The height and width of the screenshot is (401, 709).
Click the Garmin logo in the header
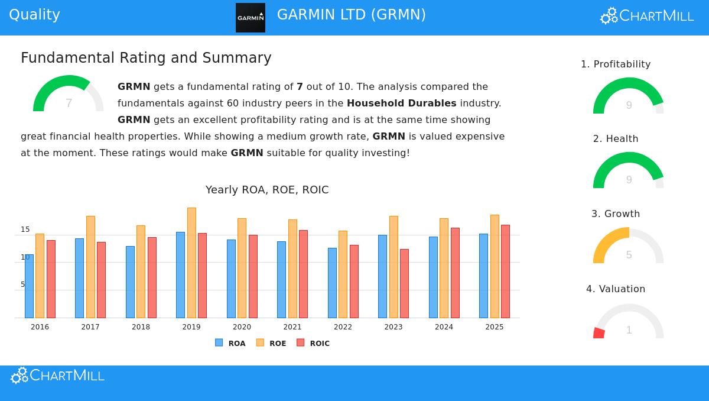pos(251,18)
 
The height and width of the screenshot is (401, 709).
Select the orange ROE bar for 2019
pos(191,263)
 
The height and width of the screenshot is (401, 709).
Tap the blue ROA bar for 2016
pos(29,286)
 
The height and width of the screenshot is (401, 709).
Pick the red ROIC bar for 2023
pos(404,283)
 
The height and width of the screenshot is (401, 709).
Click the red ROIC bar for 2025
pos(505,271)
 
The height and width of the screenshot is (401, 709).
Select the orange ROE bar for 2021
pos(292,269)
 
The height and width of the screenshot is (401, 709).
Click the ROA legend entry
pos(230,343)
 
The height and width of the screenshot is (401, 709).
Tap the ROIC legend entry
pos(313,343)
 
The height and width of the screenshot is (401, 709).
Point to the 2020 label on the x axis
pos(242,327)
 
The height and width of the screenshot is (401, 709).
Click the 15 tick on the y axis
pos(25,229)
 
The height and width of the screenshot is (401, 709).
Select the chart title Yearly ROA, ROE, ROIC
pos(267,190)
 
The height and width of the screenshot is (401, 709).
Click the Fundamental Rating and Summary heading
pos(146,58)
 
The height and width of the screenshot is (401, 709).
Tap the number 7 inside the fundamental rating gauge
pos(69,104)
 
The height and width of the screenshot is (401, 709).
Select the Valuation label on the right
pos(616,289)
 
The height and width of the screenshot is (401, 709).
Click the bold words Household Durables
pos(401,103)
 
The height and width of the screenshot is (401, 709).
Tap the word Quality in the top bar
pos(34,15)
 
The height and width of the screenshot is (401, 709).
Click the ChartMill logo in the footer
pos(57,376)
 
